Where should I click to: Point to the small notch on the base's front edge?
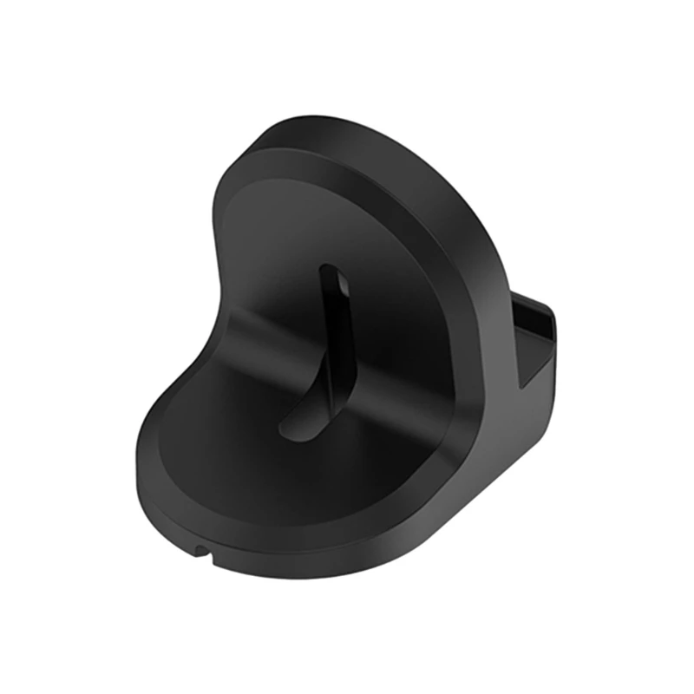[x=201, y=549]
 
